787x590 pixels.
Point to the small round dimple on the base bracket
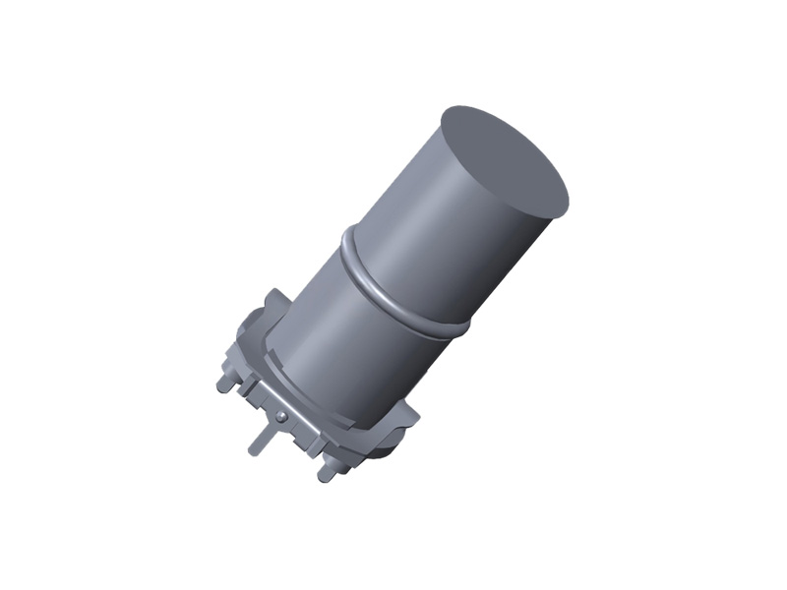(x=281, y=416)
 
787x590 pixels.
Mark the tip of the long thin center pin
(x=252, y=450)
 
